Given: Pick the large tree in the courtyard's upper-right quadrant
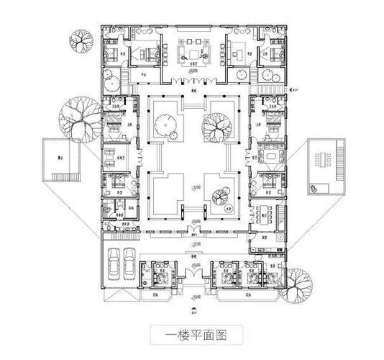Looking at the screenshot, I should [217, 127].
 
